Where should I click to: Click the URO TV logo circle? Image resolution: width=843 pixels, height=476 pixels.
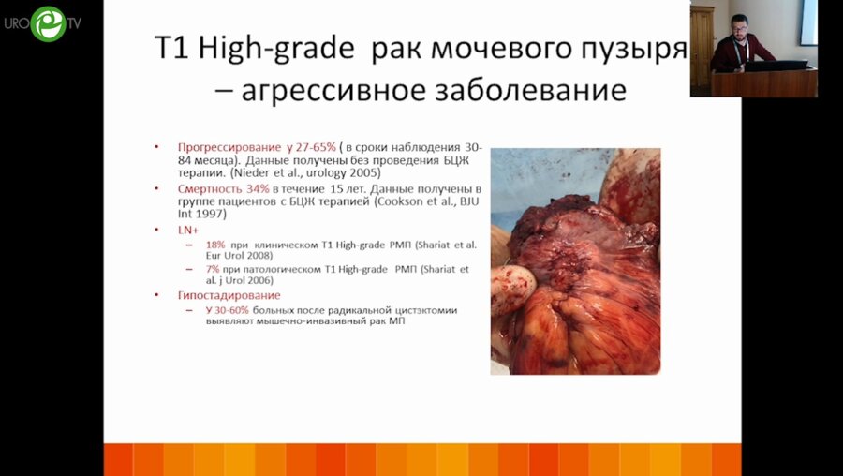49,22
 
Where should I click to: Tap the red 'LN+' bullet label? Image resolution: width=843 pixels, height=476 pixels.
187,230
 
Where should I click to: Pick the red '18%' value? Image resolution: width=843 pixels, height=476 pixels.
214,245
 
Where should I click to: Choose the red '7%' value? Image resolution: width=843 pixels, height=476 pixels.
213,270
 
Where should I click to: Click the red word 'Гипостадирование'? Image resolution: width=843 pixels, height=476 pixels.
229,295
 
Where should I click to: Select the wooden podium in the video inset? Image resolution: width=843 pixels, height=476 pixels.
764,82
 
